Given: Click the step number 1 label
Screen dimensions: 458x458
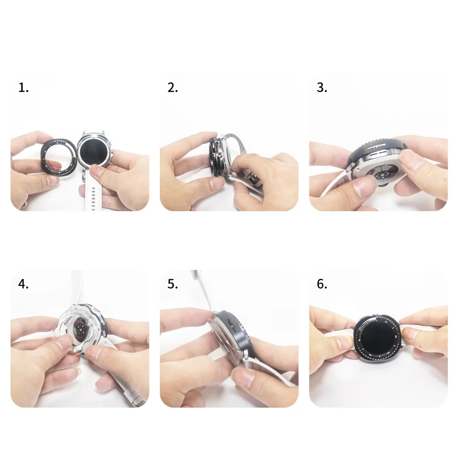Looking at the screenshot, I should point(23,88).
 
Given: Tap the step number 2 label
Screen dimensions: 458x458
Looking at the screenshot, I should point(172,88).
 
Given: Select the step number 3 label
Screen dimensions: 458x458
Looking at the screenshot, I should point(322,88).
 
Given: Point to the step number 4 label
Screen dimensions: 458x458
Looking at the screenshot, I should point(23,284).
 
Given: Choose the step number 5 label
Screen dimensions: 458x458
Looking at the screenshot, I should point(172,284).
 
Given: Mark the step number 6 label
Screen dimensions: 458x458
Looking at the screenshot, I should point(322,284).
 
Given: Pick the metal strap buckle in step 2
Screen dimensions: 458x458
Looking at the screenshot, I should point(250,176).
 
